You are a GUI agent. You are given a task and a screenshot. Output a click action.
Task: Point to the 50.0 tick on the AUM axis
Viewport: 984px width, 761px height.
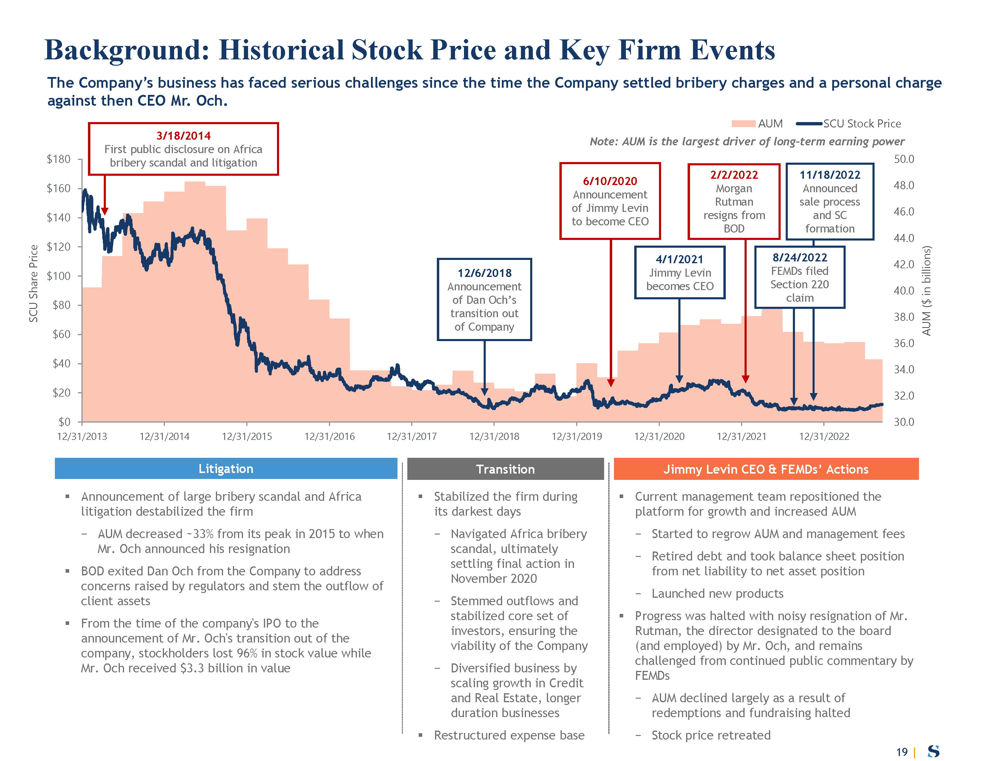click(x=903, y=159)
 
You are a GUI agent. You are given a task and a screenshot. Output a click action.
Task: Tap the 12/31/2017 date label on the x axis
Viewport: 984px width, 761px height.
click(x=411, y=436)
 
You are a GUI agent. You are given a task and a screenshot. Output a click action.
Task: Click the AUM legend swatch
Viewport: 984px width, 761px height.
click(x=743, y=124)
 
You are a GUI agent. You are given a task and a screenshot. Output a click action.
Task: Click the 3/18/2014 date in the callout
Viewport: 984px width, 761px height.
click(x=183, y=136)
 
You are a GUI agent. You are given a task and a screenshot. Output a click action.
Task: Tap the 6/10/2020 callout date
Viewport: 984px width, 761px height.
click(x=610, y=181)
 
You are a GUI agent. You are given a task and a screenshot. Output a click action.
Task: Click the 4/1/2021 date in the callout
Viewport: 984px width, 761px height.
click(x=680, y=259)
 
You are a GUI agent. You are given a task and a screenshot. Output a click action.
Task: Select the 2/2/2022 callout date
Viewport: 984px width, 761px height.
click(x=734, y=175)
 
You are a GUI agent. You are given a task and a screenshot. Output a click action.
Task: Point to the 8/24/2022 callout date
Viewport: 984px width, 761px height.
click(x=800, y=258)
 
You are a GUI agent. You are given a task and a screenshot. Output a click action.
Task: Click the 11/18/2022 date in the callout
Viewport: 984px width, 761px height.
click(x=830, y=175)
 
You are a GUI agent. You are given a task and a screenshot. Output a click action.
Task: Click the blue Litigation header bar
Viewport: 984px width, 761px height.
click(x=226, y=469)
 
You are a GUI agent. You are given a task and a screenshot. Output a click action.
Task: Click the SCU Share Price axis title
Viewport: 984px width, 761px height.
click(x=33, y=283)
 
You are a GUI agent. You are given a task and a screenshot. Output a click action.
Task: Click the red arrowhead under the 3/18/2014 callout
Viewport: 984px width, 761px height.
click(x=105, y=212)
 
